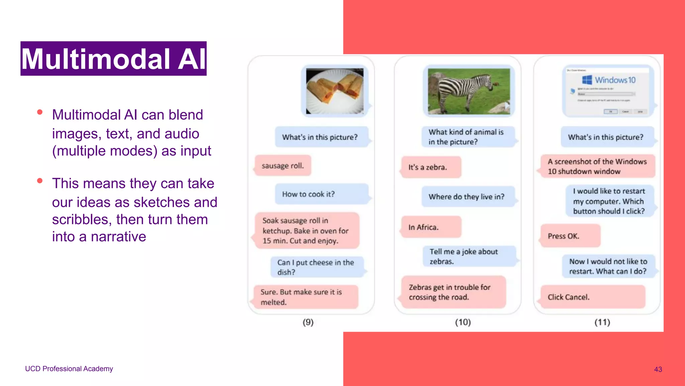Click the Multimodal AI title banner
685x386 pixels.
point(113,59)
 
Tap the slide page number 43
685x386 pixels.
point(658,369)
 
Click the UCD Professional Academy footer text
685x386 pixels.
point(69,369)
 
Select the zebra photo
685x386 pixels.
point(469,91)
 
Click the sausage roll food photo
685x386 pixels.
point(334,91)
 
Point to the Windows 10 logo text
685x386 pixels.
point(615,80)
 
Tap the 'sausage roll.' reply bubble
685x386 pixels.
point(283,166)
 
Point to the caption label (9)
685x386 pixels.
point(308,322)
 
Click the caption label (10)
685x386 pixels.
point(463,322)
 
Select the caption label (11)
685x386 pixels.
point(602,322)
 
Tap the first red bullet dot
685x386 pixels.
point(40,112)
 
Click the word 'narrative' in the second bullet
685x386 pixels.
point(118,237)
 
